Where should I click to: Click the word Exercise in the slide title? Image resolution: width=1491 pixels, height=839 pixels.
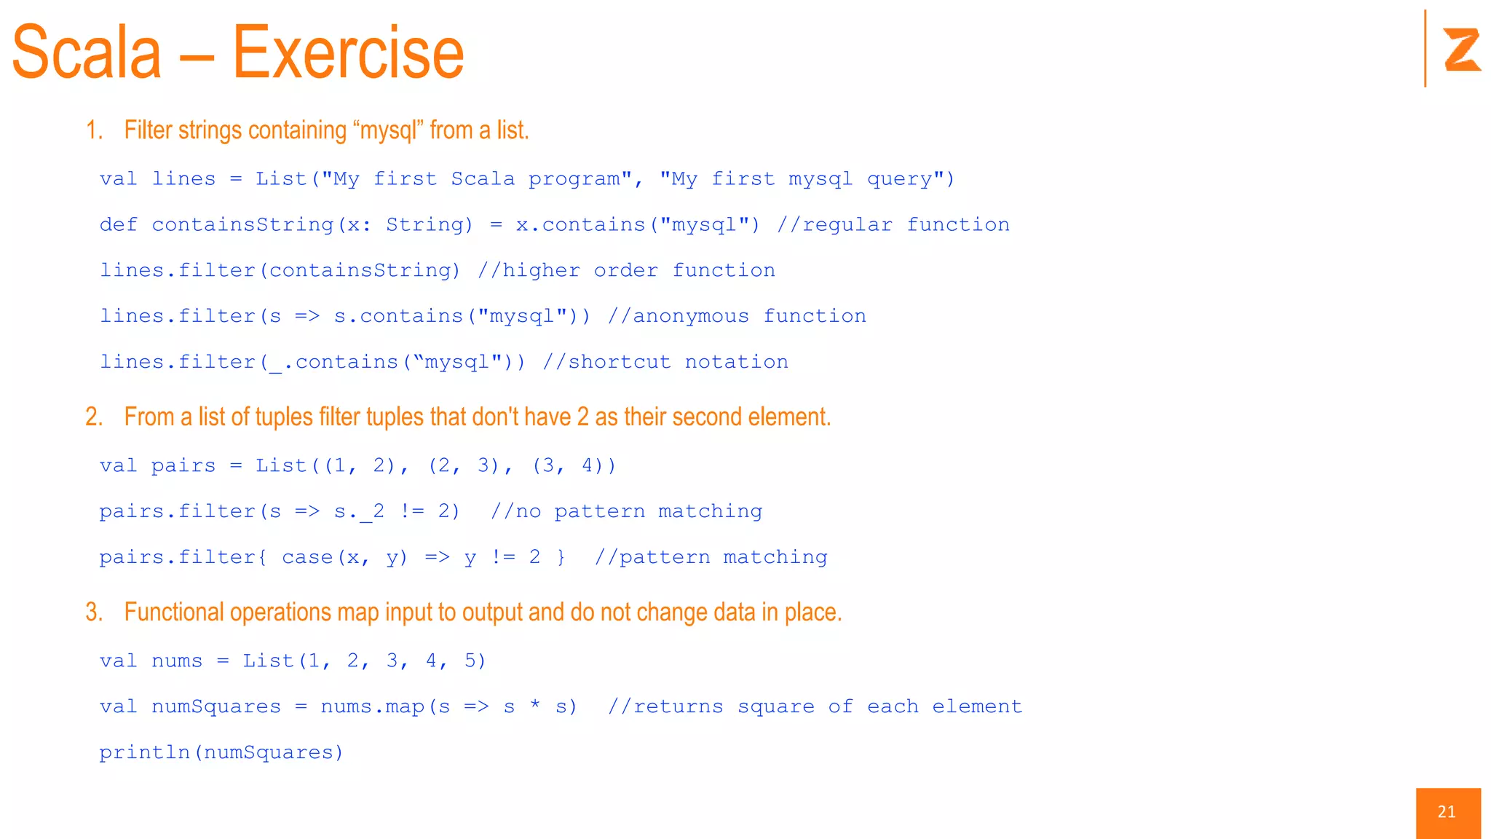[348, 53]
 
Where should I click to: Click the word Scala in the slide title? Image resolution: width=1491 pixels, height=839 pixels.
[87, 53]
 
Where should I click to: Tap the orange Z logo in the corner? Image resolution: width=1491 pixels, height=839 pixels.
[1462, 50]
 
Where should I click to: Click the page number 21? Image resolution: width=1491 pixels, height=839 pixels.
[1447, 812]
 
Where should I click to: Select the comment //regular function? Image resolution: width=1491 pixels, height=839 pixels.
[893, 225]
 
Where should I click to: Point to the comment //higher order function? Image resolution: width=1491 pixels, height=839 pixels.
[626, 271]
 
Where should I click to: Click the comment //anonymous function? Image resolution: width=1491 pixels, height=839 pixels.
[736, 316]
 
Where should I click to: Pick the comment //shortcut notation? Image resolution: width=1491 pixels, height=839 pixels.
[665, 362]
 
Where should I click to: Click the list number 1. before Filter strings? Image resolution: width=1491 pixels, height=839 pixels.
[94, 130]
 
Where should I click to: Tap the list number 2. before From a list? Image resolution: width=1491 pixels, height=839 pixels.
[94, 417]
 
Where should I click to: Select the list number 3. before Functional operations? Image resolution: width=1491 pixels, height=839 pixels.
[94, 612]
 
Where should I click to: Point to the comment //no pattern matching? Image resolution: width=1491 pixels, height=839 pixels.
[626, 511]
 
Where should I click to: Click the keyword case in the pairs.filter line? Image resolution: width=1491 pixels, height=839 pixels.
[307, 557]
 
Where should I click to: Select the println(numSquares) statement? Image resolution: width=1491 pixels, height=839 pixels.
[221, 752]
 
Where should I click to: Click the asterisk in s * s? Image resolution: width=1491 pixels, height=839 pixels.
[535, 706]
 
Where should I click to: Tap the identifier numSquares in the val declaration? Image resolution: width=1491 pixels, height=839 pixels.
[215, 706]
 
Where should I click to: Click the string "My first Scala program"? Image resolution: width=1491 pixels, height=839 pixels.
[476, 179]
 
